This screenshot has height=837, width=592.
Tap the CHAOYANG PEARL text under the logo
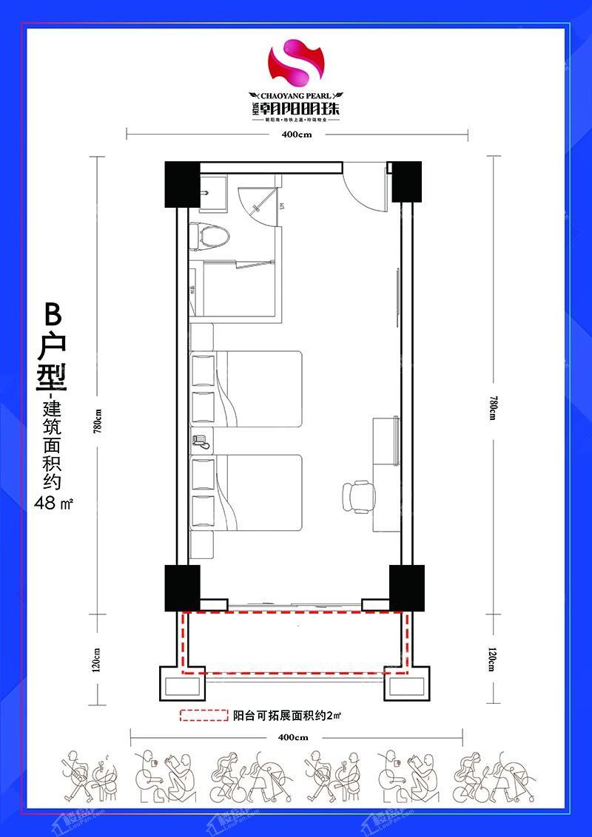click(x=296, y=95)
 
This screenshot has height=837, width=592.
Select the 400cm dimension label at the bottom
click(x=294, y=737)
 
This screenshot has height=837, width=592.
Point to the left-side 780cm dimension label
click(x=97, y=422)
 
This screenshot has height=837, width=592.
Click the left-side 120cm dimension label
click(x=97, y=657)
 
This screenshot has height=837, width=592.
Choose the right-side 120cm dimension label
click(x=493, y=657)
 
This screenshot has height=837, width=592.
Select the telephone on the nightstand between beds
click(x=200, y=441)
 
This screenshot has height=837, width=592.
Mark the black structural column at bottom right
click(x=406, y=589)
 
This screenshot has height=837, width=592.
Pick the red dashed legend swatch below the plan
click(x=203, y=716)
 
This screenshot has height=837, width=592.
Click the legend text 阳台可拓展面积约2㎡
click(x=286, y=716)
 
